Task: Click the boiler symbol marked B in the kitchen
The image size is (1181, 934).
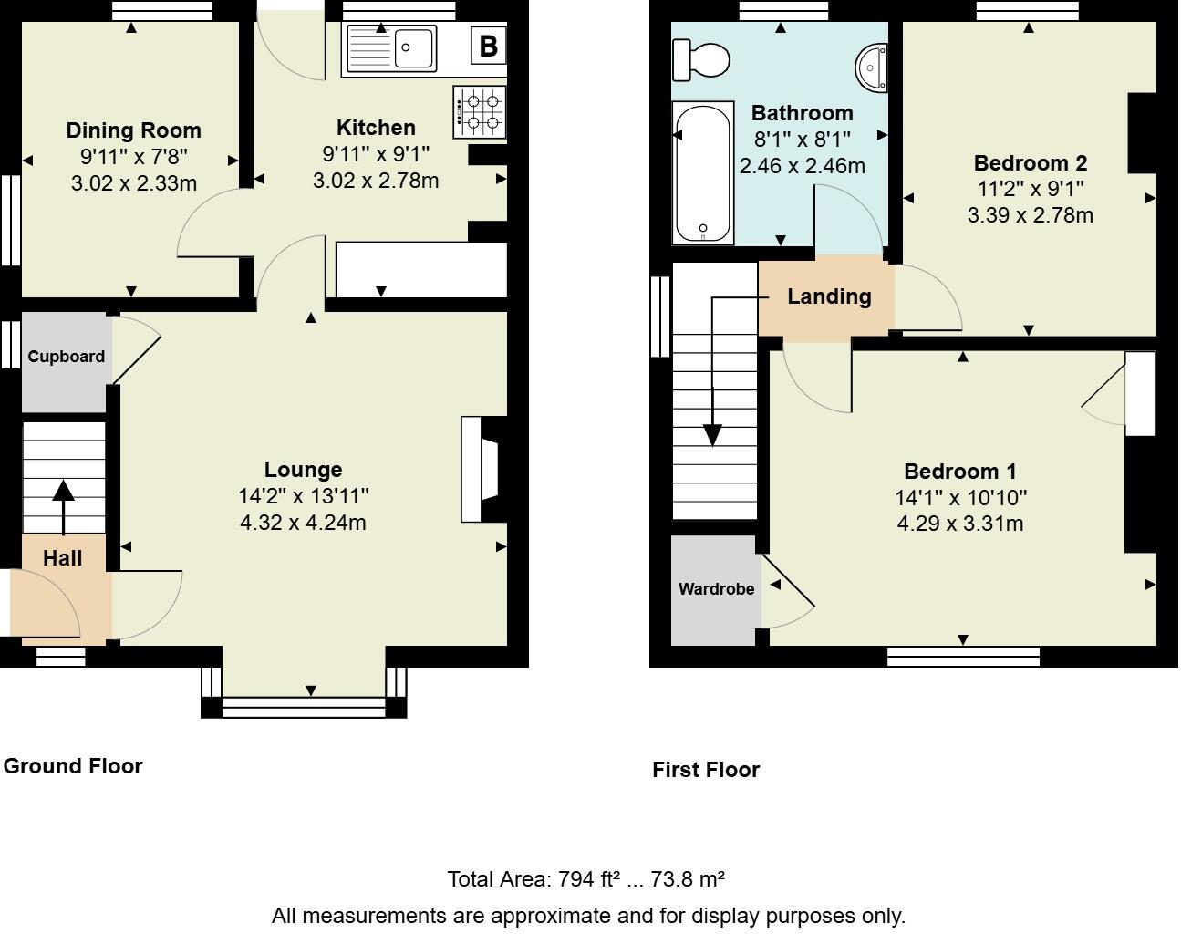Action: tap(488, 46)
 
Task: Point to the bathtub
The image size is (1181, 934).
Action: tap(702, 172)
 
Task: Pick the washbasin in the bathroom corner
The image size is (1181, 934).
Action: tap(873, 67)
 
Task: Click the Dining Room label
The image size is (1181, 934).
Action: tap(133, 130)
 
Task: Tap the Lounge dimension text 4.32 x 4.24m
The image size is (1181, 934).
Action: tap(303, 523)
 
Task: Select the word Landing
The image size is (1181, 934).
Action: tap(829, 296)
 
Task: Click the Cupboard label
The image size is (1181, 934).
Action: tap(66, 357)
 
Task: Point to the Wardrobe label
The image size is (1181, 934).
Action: tap(716, 589)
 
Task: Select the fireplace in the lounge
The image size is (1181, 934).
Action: tap(482, 470)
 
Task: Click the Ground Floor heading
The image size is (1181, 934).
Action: tap(73, 766)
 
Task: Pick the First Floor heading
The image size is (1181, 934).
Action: tap(705, 770)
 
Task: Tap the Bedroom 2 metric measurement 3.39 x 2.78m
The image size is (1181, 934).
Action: tap(1030, 215)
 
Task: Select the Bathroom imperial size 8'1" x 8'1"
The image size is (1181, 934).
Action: tap(802, 140)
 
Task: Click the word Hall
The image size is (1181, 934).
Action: tap(63, 558)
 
